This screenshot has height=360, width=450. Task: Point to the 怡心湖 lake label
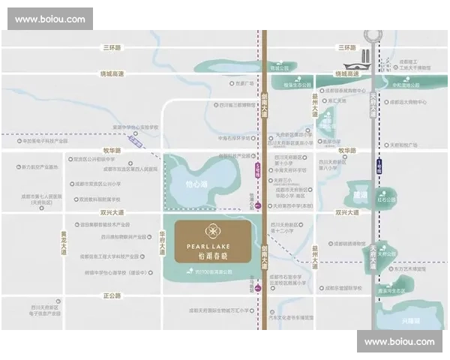tap(195, 181)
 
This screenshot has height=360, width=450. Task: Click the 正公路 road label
tap(112, 295)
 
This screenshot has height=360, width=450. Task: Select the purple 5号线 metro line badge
tap(258, 169)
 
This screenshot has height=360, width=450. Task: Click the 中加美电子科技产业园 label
tap(45, 141)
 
